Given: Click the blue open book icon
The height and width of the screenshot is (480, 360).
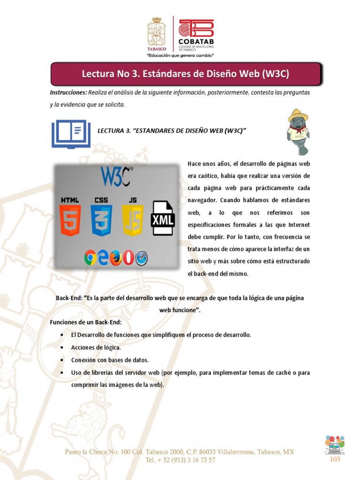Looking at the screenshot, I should pyautogui.click(x=71, y=134).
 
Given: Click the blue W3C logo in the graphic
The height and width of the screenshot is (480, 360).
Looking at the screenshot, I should pyautogui.click(x=116, y=177).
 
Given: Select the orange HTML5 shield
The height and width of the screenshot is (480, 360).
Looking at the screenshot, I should pyautogui.click(x=70, y=220).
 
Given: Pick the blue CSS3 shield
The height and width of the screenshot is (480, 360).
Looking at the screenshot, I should pyautogui.click(x=101, y=220).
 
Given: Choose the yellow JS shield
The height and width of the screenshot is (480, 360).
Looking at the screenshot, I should pyautogui.click(x=133, y=220).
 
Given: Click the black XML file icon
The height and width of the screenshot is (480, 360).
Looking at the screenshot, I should pyautogui.click(x=163, y=218).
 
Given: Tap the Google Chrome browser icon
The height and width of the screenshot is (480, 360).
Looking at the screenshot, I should pyautogui.click(x=90, y=257).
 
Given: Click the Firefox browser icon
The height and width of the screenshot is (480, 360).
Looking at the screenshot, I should pyautogui.click(x=116, y=257).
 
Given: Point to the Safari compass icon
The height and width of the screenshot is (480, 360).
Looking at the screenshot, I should pyautogui.click(x=141, y=257).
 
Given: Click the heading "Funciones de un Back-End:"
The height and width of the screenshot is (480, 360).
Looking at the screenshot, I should pyautogui.click(x=86, y=322).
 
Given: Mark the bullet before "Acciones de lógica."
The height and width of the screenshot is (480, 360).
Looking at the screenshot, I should pyautogui.click(x=62, y=348).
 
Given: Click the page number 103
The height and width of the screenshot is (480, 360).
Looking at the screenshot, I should pyautogui.click(x=335, y=459).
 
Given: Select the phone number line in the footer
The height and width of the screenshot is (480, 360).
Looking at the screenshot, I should pyautogui.click(x=180, y=460).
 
